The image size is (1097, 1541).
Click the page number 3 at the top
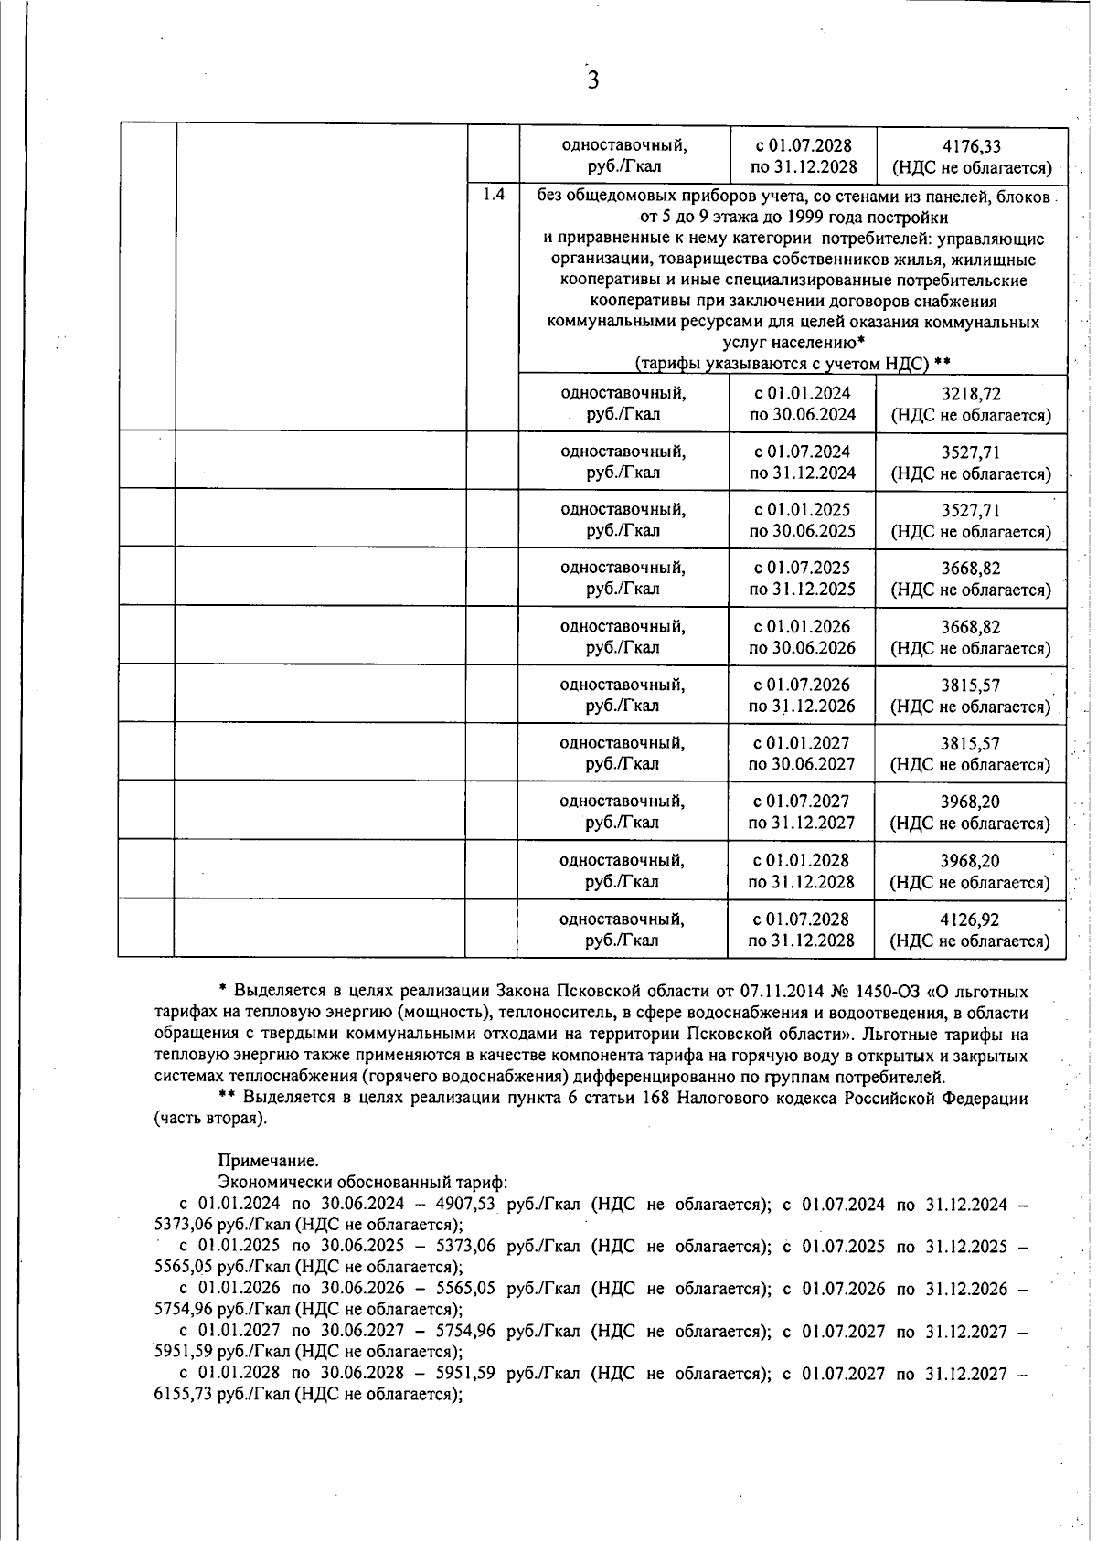[592, 80]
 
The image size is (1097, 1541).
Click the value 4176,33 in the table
[971, 146]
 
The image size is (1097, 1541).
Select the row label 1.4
[494, 195]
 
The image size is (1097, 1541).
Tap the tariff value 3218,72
[971, 394]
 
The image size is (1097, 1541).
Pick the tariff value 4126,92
[971, 919]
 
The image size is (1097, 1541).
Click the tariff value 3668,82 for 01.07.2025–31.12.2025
[971, 569]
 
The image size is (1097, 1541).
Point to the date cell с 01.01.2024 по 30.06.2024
[802, 404]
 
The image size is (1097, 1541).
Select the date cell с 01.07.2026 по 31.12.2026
[802, 696]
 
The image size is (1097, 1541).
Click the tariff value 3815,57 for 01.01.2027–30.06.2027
[971, 744]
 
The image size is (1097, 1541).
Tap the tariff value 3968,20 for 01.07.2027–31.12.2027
[971, 802]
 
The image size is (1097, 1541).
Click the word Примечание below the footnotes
[268, 1162]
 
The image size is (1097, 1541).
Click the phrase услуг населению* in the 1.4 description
[793, 343]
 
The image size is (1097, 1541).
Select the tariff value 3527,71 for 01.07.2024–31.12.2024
[971, 452]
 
